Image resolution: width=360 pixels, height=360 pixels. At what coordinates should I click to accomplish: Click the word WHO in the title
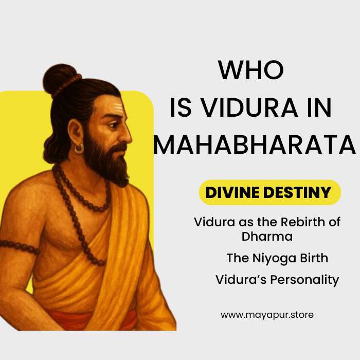250,70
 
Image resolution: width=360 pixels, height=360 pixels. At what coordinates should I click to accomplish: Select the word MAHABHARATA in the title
255,145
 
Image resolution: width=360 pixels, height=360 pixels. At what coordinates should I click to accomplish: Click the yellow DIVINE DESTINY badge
269,192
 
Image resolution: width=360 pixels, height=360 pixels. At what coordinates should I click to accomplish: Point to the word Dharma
267,237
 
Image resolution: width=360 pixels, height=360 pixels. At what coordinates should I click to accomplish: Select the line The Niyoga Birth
277,258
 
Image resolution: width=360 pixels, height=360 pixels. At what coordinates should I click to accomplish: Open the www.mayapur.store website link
267,315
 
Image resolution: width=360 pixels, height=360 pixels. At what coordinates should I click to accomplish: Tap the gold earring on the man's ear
79,149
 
